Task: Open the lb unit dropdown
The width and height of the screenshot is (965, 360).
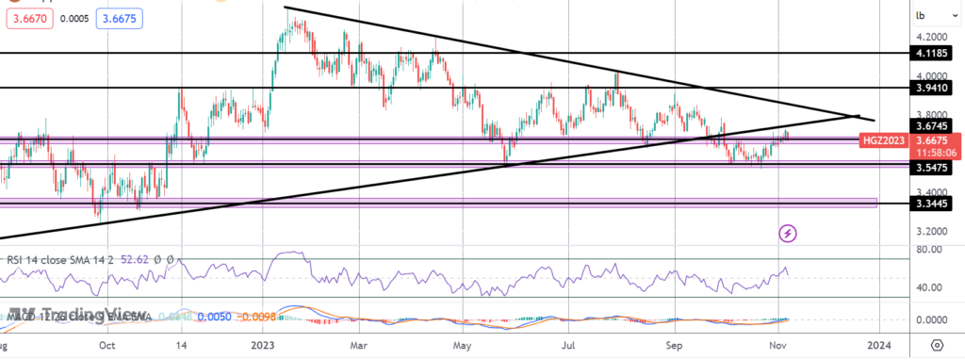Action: [921, 15]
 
